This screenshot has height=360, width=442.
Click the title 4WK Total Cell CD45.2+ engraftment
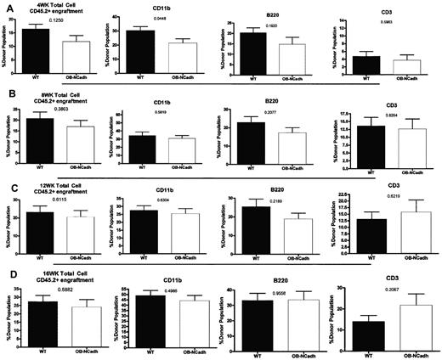[x=47, y=8]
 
